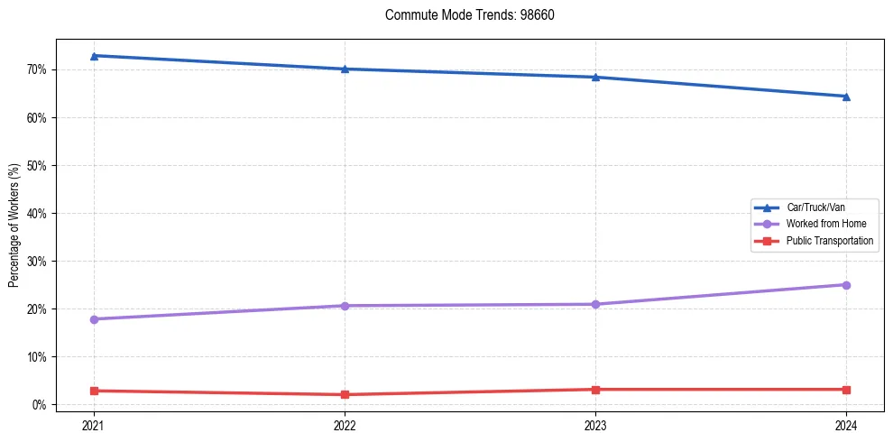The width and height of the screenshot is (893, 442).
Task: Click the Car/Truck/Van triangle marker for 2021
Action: click(94, 56)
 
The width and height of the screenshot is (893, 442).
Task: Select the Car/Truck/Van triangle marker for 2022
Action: click(345, 69)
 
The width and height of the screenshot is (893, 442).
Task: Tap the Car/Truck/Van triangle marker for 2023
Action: click(595, 77)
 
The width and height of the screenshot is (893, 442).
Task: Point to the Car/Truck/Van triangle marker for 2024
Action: click(846, 97)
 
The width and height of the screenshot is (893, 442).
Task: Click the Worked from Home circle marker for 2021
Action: click(94, 319)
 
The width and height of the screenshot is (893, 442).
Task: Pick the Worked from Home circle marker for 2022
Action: click(345, 306)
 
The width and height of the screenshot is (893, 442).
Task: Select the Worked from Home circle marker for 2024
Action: click(846, 285)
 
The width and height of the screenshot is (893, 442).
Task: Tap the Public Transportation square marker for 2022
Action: click(345, 394)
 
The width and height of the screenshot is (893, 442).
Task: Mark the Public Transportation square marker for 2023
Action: click(595, 390)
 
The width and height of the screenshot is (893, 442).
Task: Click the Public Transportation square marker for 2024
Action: click(846, 390)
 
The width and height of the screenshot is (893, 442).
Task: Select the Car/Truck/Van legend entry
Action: click(815, 207)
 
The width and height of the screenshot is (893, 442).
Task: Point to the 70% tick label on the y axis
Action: click(38, 69)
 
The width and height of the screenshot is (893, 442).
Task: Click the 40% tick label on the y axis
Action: click(38, 214)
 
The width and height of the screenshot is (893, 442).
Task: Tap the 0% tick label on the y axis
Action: click(41, 405)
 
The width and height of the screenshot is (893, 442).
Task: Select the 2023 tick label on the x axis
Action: click(595, 425)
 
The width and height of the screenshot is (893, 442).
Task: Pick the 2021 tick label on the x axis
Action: click(94, 425)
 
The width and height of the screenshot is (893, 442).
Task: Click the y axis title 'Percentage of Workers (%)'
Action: click(14, 226)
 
